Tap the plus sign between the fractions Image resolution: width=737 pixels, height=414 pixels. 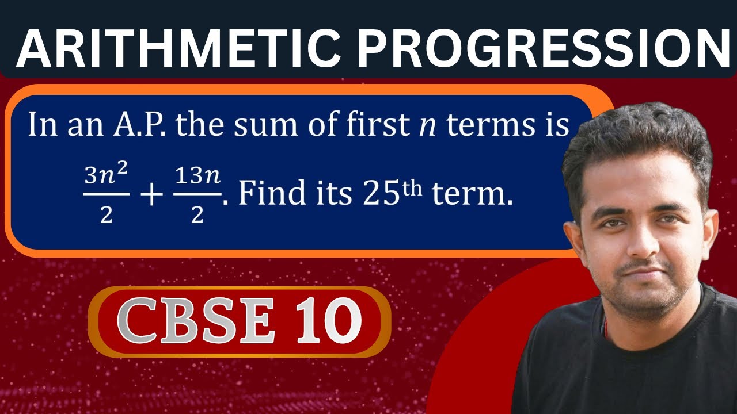[x=151, y=196]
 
